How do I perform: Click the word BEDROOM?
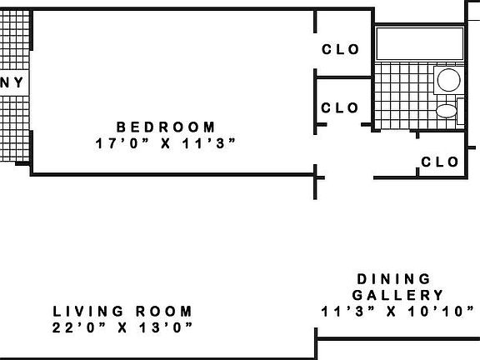tap(166, 127)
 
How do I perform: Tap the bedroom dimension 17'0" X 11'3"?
tap(166, 143)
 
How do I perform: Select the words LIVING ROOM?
tap(122, 312)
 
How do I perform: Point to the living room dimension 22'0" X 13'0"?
tap(122, 327)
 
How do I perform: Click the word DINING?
tap(394, 279)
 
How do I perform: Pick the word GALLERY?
tap(397, 295)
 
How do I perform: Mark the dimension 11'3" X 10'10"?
tap(397, 312)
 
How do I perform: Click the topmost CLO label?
tap(340, 49)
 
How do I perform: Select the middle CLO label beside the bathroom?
tap(339, 107)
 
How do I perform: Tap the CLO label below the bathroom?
tap(440, 162)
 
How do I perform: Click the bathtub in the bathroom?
tap(420, 43)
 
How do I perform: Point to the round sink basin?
tap(449, 80)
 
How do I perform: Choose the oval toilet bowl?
tap(447, 111)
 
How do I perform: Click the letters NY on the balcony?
tap(12, 82)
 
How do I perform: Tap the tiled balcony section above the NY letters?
tap(15, 40)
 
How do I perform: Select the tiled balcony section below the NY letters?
tap(15, 129)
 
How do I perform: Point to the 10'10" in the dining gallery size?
tap(441, 312)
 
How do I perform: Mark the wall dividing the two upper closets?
tap(343, 77)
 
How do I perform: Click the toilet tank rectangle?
tap(460, 111)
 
